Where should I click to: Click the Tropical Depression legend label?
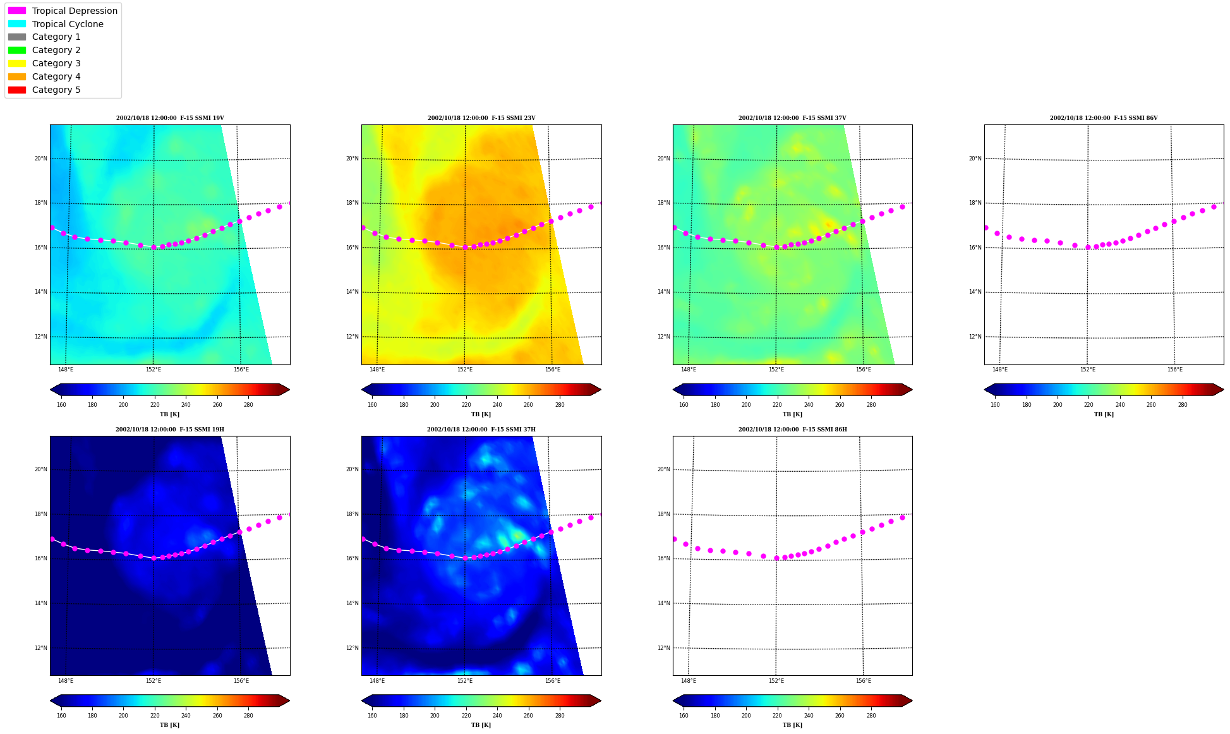point(75,11)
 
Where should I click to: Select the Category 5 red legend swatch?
point(17,90)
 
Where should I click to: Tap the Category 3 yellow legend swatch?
point(17,63)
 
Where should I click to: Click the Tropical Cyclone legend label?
point(68,24)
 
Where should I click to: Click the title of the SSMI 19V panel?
point(170,118)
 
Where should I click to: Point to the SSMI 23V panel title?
point(481,118)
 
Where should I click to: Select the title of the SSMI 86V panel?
point(1104,118)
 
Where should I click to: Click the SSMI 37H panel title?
point(481,430)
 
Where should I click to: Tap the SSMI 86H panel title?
point(793,430)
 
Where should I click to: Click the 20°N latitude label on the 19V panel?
point(41,159)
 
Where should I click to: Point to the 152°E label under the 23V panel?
point(465,370)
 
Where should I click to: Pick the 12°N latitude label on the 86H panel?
point(664,648)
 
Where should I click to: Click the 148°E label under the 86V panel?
point(1000,370)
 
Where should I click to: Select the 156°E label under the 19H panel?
point(241,681)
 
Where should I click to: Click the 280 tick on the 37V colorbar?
point(871,405)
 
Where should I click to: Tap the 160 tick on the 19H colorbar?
point(61,716)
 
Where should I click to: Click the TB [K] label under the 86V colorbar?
point(1104,414)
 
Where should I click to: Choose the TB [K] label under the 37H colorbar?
point(481,725)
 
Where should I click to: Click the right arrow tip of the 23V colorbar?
point(601,390)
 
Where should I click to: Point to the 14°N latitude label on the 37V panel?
point(664,292)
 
